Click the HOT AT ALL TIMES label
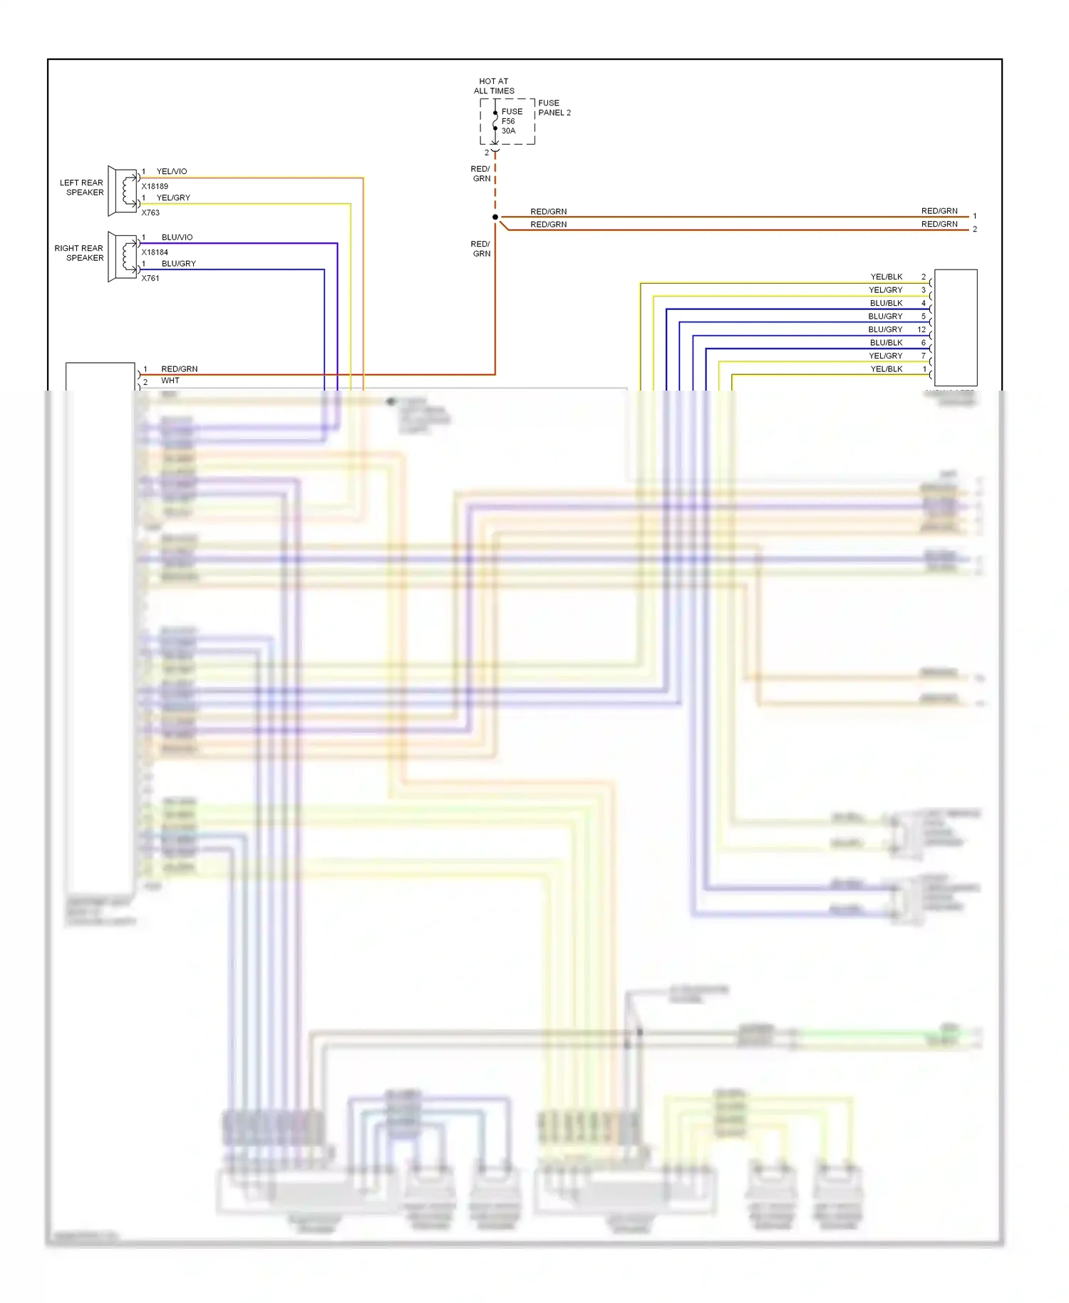pyautogui.click(x=494, y=86)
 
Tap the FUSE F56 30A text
pyautogui.click(x=511, y=121)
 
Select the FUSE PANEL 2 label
pyautogui.click(x=554, y=108)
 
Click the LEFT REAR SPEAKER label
pyautogui.click(x=82, y=187)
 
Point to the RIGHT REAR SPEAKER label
pyautogui.click(x=79, y=253)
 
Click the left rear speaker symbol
pyautogui.click(x=123, y=191)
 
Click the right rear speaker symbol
pyautogui.click(x=123, y=257)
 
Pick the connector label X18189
pyautogui.click(x=155, y=186)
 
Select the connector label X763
pyautogui.click(x=150, y=212)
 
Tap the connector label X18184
pyautogui.click(x=155, y=252)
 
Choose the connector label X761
pyautogui.click(x=150, y=278)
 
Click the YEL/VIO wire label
pyautogui.click(x=172, y=171)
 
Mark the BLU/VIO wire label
pyautogui.click(x=177, y=237)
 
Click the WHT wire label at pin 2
pyautogui.click(x=170, y=381)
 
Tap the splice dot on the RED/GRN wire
pyautogui.click(x=495, y=217)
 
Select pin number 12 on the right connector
pyautogui.click(x=921, y=329)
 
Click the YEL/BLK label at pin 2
pyautogui.click(x=886, y=277)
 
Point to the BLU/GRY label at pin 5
pyautogui.click(x=885, y=316)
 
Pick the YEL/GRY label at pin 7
pyautogui.click(x=885, y=356)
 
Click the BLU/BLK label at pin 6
pyautogui.click(x=886, y=342)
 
